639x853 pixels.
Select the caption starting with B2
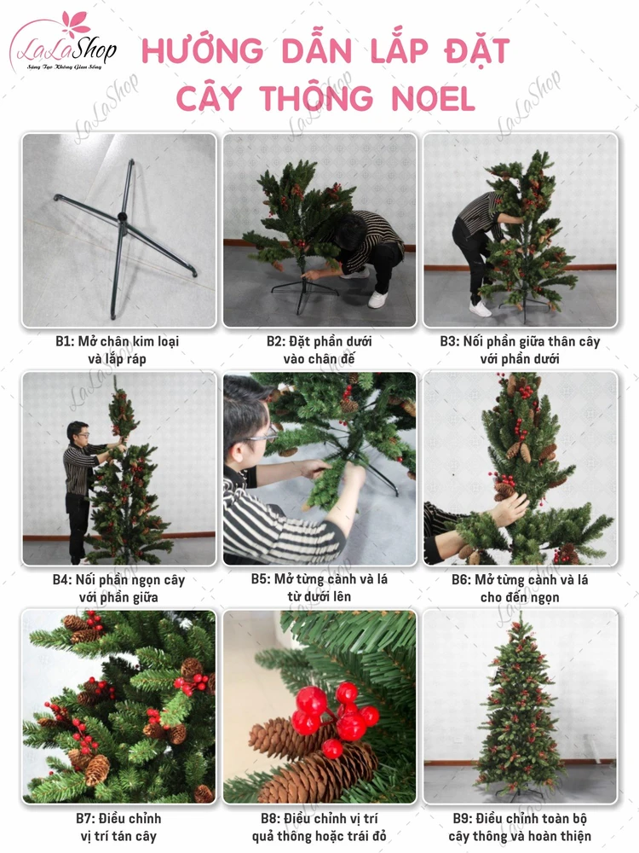click(x=319, y=350)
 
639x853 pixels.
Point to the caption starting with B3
click(x=520, y=350)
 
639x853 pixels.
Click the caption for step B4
click(x=118, y=589)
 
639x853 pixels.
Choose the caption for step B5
click(x=319, y=588)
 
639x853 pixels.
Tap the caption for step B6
click(x=520, y=589)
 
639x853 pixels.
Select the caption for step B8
click(x=319, y=827)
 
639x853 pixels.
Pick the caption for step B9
click(x=520, y=827)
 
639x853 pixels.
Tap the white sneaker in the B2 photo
click(x=377, y=299)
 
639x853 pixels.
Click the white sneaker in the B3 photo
click(x=480, y=308)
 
